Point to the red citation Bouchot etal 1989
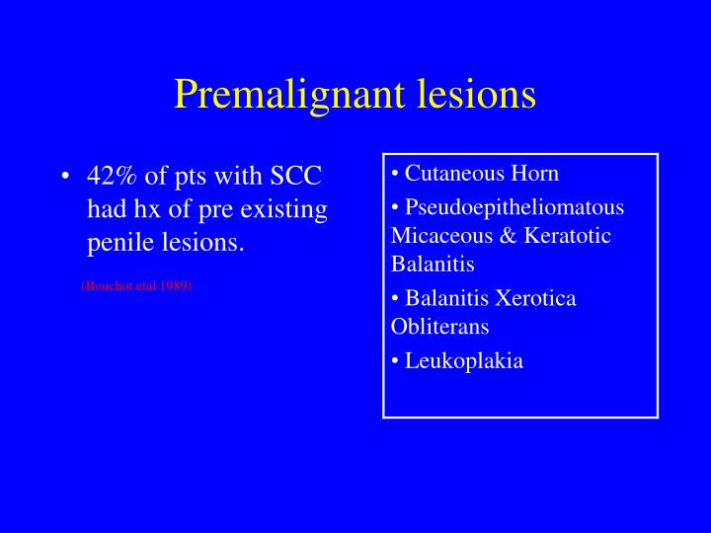[136, 285]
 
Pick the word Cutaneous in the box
[447, 174]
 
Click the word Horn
[534, 174]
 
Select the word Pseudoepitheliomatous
[514, 208]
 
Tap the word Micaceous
[435, 236]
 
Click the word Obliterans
[439, 326]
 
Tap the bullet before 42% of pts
[64, 178]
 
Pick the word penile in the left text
[118, 242]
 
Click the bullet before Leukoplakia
[395, 361]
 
